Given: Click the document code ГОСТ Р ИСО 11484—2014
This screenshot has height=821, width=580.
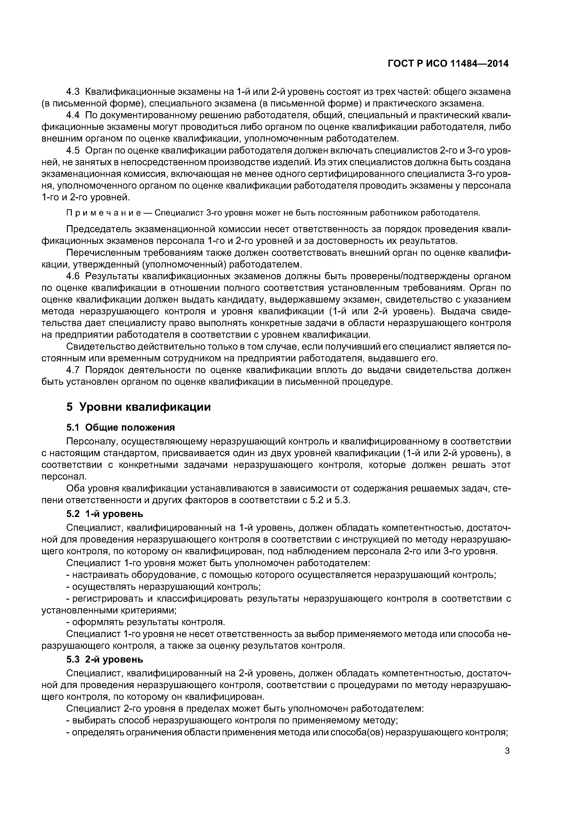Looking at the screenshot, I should coord(448,64).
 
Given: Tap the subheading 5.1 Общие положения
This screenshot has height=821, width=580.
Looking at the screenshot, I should coord(120,427).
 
